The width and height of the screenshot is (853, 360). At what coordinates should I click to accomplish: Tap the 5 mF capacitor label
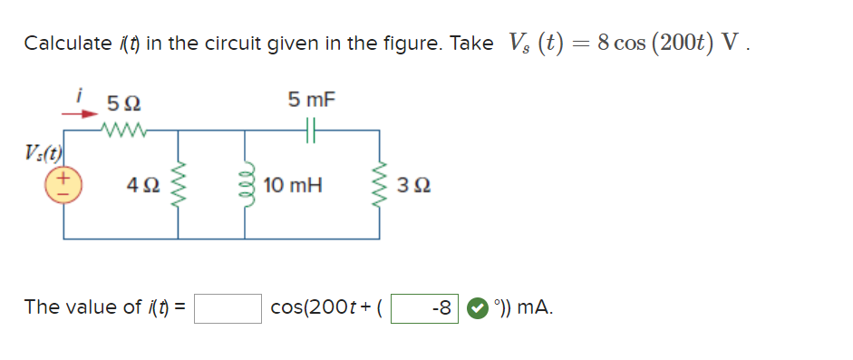tap(311, 99)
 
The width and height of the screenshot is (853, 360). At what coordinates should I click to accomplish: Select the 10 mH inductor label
tap(293, 186)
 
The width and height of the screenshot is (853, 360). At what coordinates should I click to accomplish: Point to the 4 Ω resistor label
tap(143, 186)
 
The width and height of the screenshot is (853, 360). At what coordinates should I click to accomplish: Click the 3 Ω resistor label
tap(414, 186)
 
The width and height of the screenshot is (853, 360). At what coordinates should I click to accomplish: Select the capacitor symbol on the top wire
tap(310, 131)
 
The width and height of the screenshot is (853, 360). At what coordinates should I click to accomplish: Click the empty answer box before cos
tap(228, 308)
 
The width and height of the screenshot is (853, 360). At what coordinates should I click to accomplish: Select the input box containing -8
tap(424, 308)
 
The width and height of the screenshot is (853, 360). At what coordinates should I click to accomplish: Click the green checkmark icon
tap(476, 308)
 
